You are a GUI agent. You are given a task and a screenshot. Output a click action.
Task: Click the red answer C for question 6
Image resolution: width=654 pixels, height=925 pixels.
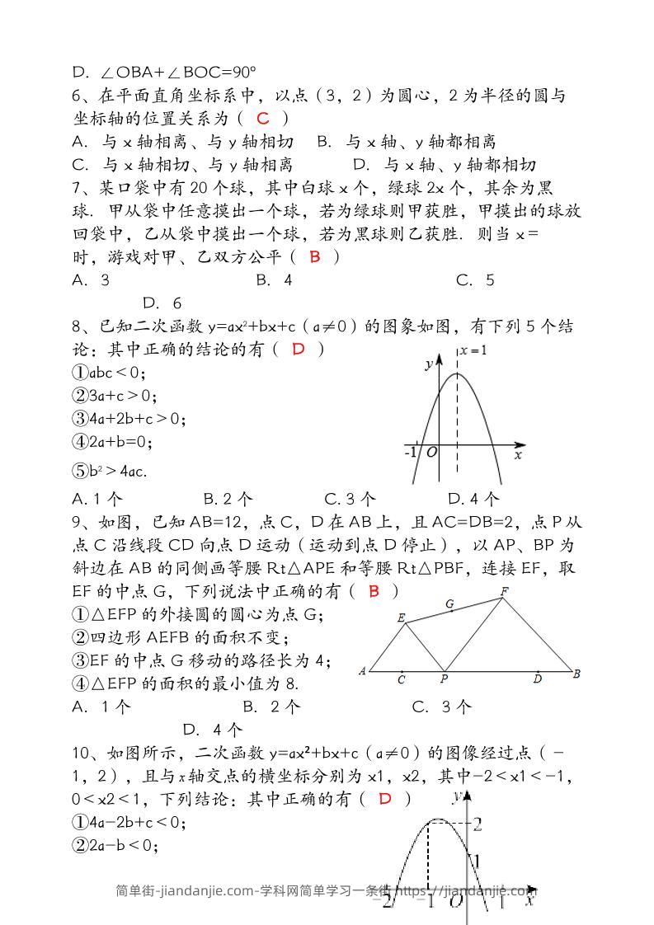[x=263, y=119]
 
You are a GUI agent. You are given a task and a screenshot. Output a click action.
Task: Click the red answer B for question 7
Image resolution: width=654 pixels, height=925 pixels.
[x=314, y=257]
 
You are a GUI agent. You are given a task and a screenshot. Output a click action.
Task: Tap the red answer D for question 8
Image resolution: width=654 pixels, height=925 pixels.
[x=299, y=350]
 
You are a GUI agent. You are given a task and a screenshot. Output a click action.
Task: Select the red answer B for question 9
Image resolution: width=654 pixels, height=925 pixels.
[x=374, y=591]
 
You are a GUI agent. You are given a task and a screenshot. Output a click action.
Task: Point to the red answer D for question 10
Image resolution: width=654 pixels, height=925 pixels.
[x=384, y=798]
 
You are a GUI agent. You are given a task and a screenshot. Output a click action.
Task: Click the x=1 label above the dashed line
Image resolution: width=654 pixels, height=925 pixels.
[x=473, y=350]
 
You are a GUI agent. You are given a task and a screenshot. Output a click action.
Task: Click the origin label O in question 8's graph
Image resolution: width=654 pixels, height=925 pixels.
[x=431, y=453]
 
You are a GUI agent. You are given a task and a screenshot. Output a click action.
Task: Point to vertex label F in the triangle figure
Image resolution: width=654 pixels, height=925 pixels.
[x=504, y=591]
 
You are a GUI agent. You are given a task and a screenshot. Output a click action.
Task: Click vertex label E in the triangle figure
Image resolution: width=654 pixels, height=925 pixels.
[x=401, y=617]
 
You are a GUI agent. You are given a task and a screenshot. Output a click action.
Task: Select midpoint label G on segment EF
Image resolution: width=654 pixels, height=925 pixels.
[x=449, y=604]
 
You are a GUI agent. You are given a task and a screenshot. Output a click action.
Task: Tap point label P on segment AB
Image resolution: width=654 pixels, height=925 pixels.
[x=444, y=679]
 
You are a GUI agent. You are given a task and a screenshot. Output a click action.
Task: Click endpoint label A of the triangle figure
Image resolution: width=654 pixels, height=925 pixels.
[x=362, y=671]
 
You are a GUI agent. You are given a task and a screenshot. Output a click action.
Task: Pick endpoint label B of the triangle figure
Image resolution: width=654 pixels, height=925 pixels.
[x=576, y=674]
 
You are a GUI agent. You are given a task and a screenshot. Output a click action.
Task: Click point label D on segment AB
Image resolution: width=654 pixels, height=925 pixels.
[x=537, y=679]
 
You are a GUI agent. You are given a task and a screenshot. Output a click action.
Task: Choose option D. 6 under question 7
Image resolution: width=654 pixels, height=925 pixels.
[x=162, y=303]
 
